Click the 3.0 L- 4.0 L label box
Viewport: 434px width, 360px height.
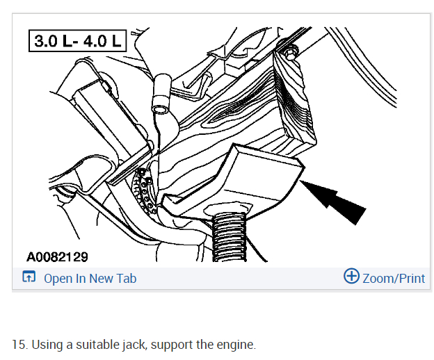coord(77,41)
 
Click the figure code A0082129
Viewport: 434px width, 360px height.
coord(57,257)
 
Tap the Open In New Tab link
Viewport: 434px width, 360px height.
coord(90,279)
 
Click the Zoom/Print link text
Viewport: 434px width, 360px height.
coord(394,279)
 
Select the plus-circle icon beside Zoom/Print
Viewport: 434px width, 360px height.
coord(351,276)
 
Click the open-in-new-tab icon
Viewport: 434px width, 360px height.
coord(29,277)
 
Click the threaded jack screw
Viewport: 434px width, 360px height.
coord(229,237)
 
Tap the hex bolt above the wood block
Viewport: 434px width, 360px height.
coord(290,54)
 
